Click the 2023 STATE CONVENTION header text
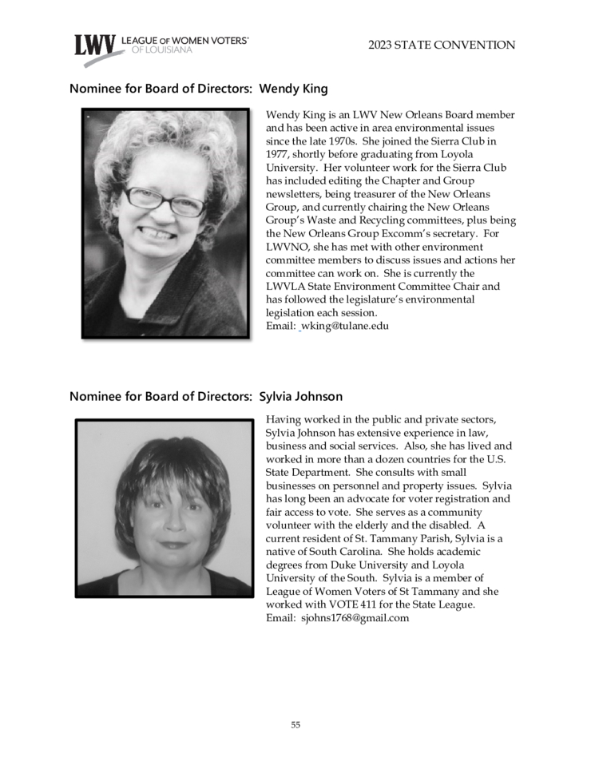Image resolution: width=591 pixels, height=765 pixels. click(x=442, y=46)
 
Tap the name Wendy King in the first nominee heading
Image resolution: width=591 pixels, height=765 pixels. click(x=294, y=89)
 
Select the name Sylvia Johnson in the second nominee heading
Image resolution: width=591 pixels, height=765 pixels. click(x=301, y=396)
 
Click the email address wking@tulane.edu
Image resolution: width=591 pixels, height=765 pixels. click(x=344, y=326)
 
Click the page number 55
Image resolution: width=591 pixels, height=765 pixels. click(x=295, y=725)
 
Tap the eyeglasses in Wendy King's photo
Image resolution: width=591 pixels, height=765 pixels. click(x=165, y=200)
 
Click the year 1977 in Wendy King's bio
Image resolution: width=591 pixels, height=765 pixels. click(x=278, y=154)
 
